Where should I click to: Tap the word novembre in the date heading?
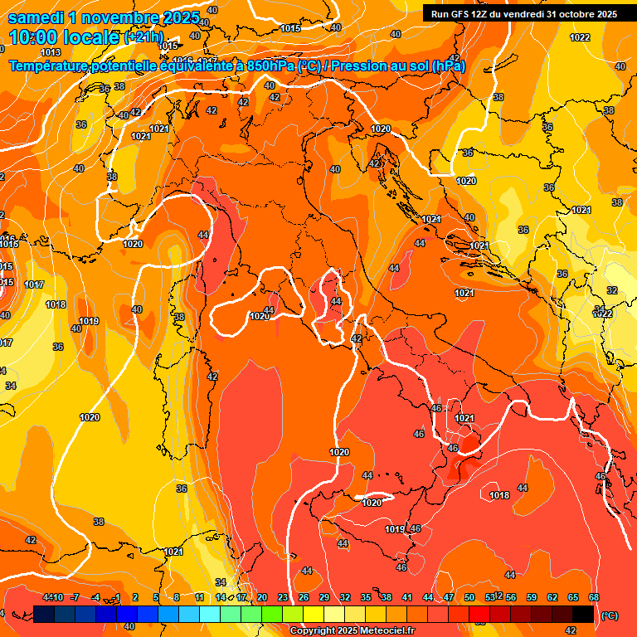pos(126,17)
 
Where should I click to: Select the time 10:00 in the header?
pos(34,37)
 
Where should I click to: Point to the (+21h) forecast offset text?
pos(143,37)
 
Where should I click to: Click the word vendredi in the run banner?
pos(525,14)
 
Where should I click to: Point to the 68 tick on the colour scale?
pos(594,597)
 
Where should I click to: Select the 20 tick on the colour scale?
pos(262,597)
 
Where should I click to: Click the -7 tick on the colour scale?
pos(75,597)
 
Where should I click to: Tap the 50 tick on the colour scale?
pos(469,597)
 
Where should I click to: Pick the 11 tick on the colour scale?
pos(200,597)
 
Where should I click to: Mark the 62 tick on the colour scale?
pos(552,597)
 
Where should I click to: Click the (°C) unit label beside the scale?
pos(609,615)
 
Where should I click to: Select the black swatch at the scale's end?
pos(584,614)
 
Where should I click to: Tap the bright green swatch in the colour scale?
pos(272,614)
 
